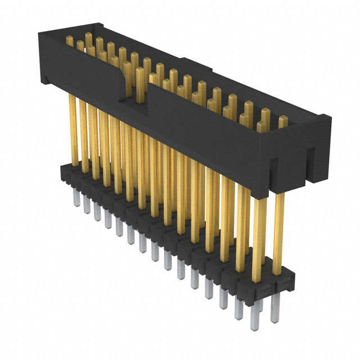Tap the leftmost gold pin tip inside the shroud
70,41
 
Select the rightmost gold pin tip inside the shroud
283,120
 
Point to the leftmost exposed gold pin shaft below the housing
72,129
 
